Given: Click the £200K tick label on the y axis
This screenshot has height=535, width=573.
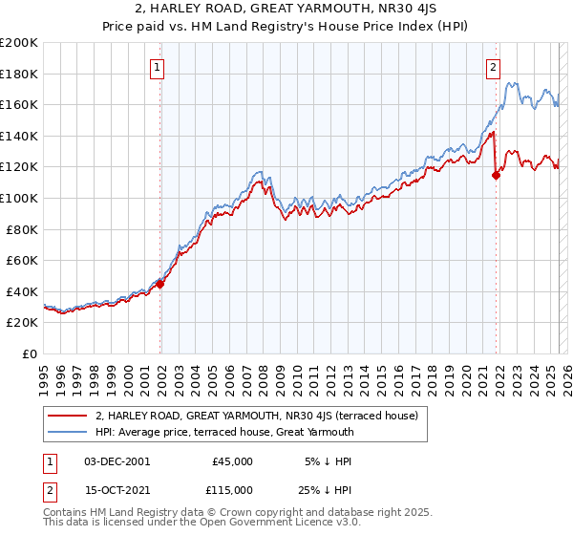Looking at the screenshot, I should (x=19, y=43).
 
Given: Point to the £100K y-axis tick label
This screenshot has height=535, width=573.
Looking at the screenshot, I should (x=19, y=199).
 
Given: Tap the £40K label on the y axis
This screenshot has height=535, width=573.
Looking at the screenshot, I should (x=23, y=291).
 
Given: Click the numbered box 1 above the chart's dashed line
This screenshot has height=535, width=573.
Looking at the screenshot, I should (x=157, y=67).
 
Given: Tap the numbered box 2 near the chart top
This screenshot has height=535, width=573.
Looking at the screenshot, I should (x=493, y=67).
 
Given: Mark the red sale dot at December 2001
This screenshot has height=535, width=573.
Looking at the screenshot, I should (x=160, y=284).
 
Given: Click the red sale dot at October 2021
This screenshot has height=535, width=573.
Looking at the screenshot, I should (x=496, y=175).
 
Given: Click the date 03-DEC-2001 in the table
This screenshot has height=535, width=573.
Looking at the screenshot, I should (x=117, y=461).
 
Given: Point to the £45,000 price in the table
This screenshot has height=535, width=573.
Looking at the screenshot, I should (x=233, y=461).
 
